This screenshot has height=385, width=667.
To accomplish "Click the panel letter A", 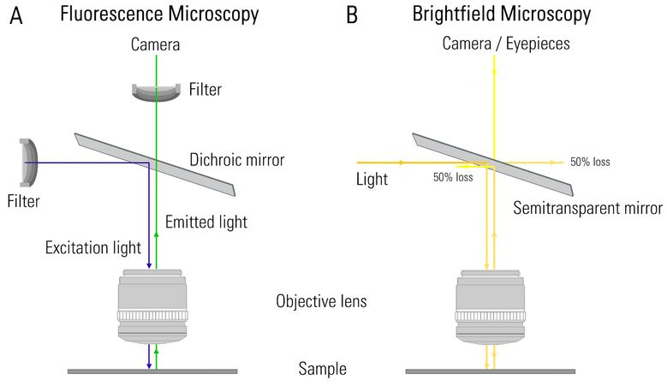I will tap(16, 15).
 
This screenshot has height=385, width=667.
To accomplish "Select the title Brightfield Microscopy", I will tap(501, 15).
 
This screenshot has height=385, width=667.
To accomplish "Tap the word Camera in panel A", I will tap(155, 44).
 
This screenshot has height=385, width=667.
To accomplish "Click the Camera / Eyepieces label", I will tap(493, 44).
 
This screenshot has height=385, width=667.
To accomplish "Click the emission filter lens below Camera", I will tap(156, 91).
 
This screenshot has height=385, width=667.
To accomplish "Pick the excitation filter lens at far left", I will tap(28, 163).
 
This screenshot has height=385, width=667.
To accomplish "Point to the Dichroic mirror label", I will tap(236, 159).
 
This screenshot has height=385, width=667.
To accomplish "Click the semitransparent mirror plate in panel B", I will tap(491, 163).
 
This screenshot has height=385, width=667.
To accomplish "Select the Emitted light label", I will tap(206, 222).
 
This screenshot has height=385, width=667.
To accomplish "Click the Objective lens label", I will tap(323, 302).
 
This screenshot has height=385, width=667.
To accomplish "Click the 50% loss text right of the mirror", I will tap(590, 162).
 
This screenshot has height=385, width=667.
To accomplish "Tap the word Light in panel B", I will tap(372, 181).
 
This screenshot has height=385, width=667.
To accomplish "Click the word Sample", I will tap(322, 370).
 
